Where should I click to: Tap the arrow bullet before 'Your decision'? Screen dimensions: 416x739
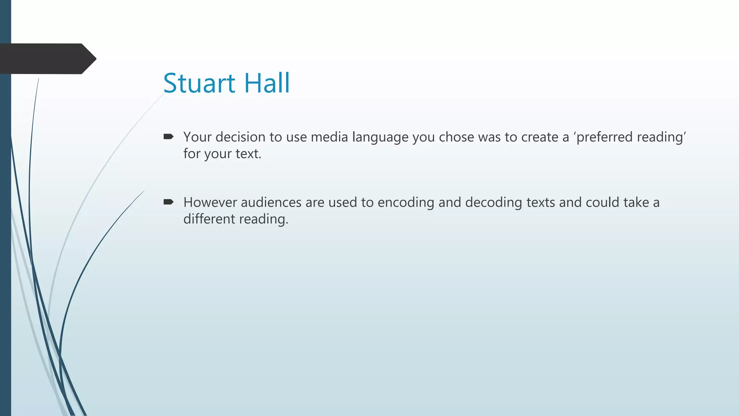[169, 136]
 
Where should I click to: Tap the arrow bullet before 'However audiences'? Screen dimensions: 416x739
[169, 202]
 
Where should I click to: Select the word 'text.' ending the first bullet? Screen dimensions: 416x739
[248, 154]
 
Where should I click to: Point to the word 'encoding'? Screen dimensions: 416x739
[406, 203]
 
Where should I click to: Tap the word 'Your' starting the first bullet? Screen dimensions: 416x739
[197, 137]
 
